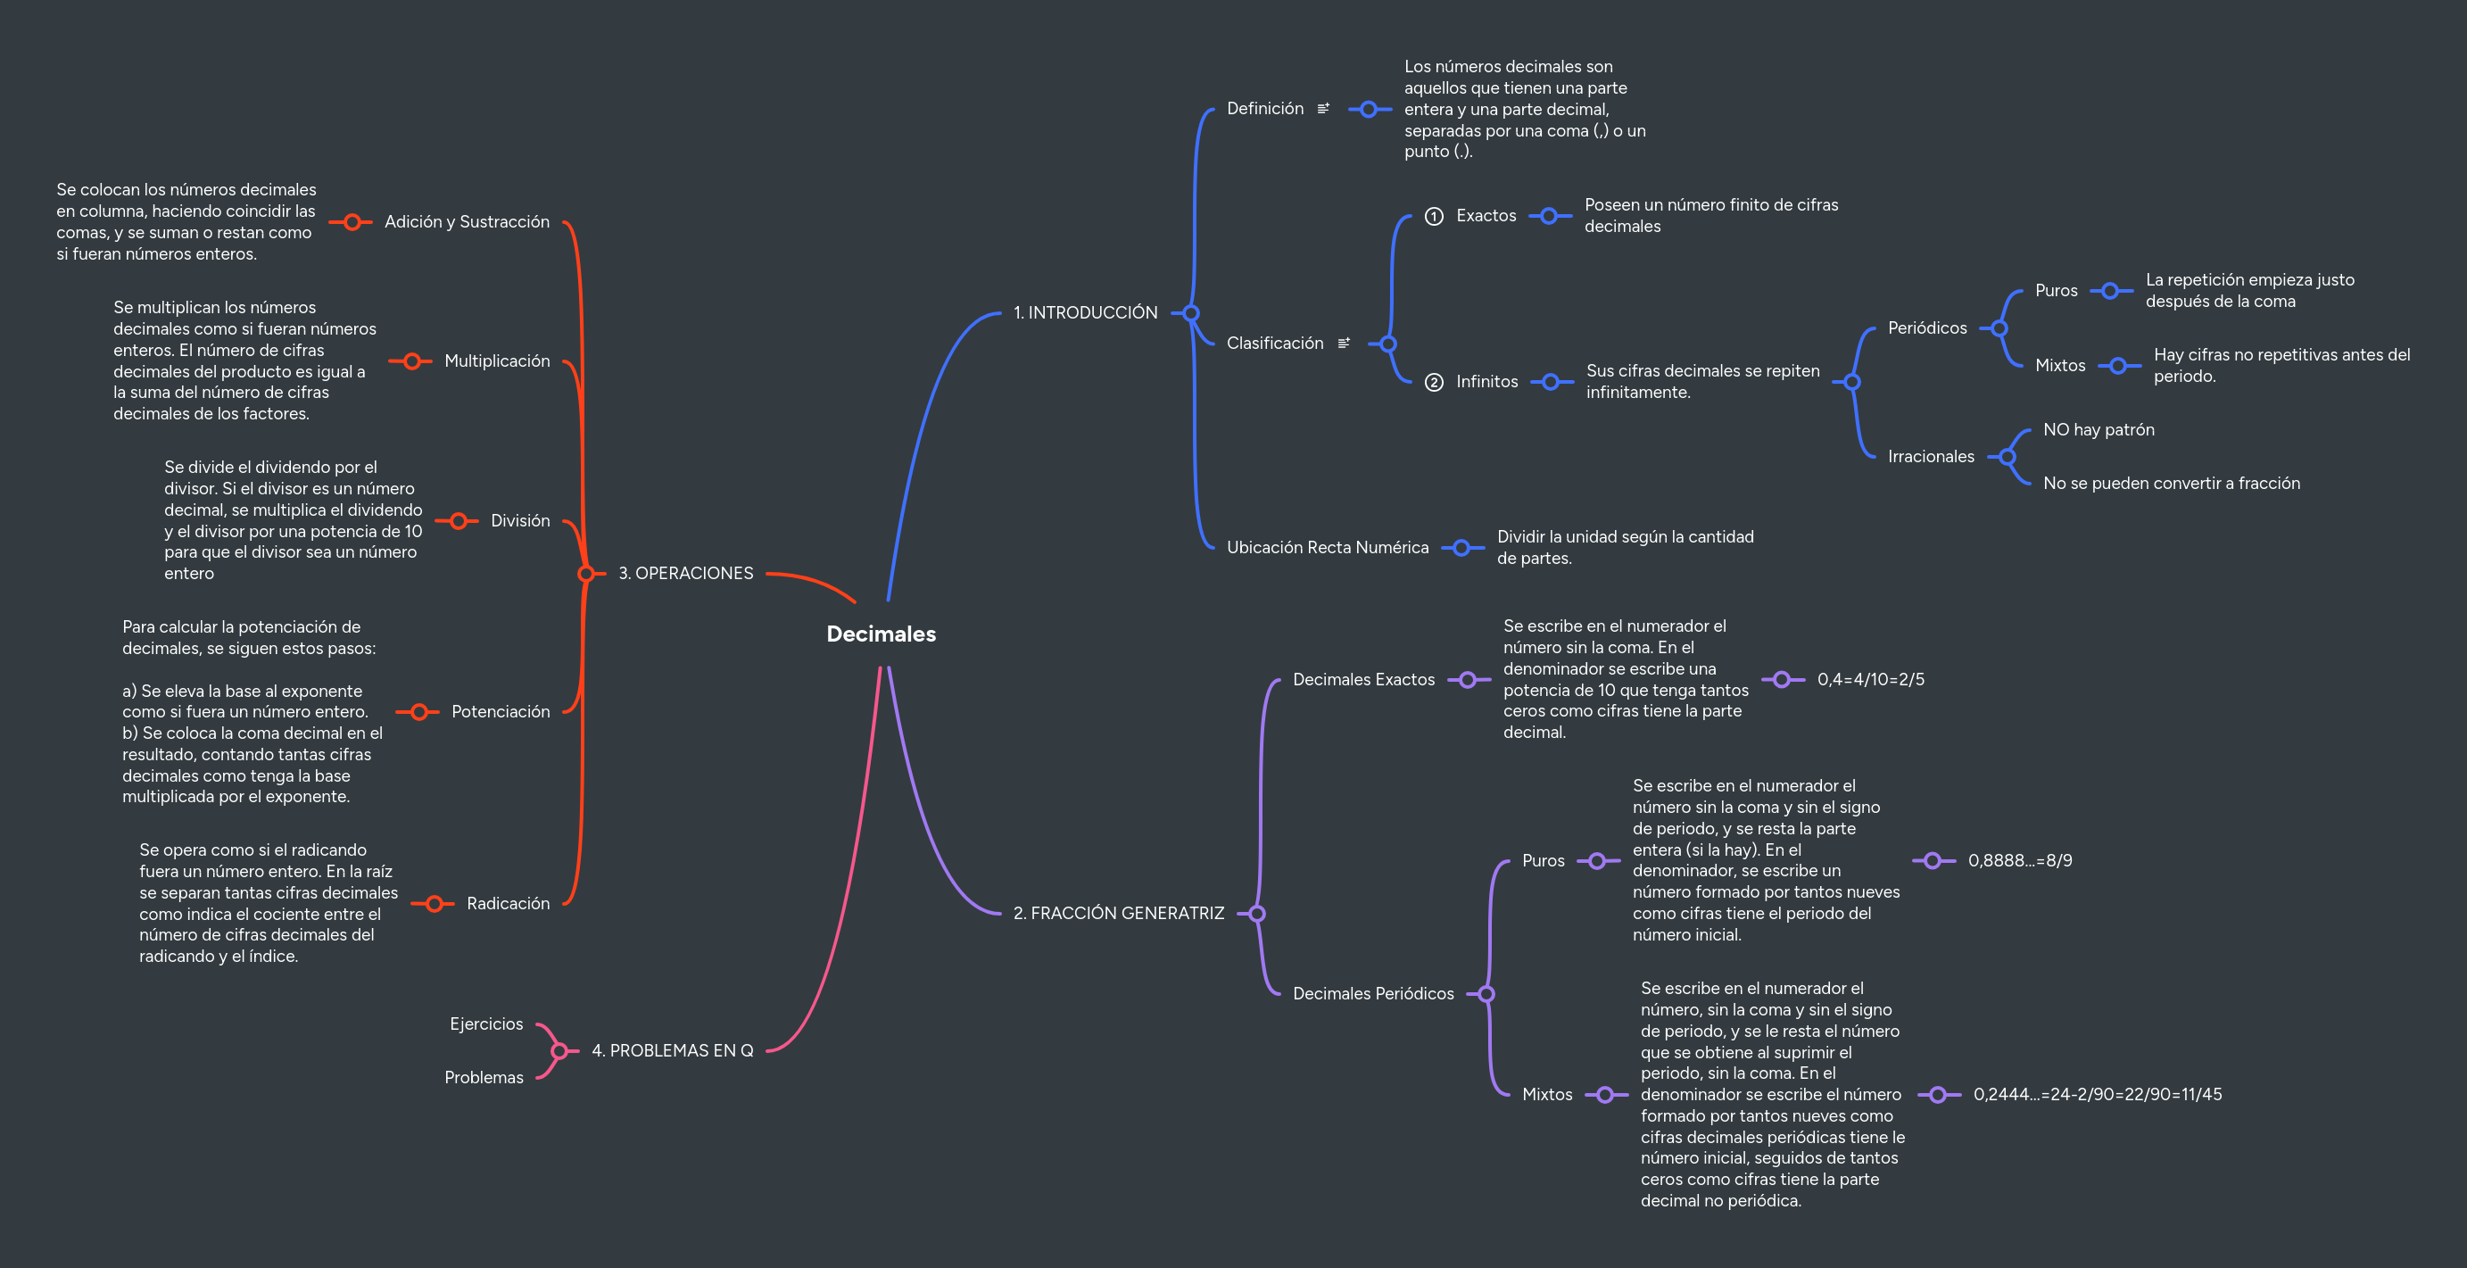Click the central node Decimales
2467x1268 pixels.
click(880, 634)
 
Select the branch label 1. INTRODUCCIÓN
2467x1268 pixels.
click(1085, 313)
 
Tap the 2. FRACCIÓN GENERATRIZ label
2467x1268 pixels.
click(1118, 914)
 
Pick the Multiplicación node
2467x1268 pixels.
click(496, 361)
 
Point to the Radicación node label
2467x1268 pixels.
click(508, 904)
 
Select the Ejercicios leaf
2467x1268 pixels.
click(486, 1024)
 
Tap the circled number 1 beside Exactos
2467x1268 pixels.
click(1434, 217)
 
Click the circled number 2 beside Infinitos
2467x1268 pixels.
click(1434, 382)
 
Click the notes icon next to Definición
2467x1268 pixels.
click(1323, 109)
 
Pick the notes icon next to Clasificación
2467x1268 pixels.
click(1344, 343)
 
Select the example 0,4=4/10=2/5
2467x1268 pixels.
click(1870, 680)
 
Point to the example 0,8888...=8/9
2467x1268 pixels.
click(2020, 861)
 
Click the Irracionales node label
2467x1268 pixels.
click(1931, 457)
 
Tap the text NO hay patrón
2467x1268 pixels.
click(2099, 430)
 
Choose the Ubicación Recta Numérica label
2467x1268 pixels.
click(1328, 548)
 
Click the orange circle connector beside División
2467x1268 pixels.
click(458, 521)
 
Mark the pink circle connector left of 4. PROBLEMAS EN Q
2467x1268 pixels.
click(559, 1050)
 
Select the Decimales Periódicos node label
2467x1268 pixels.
click(1372, 994)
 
